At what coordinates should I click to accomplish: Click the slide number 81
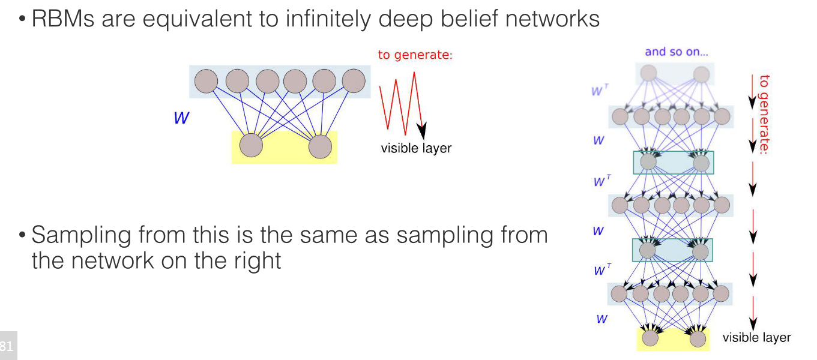click(7, 346)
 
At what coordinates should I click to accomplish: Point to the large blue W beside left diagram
click(181, 118)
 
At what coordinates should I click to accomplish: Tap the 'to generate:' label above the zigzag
click(415, 55)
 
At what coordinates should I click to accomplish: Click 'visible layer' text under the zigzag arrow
click(416, 148)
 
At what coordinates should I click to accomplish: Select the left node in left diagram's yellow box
click(251, 146)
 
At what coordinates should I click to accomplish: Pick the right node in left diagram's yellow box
click(320, 146)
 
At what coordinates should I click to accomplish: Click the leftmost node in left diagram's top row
click(206, 81)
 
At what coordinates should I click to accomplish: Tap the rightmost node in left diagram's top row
click(354, 80)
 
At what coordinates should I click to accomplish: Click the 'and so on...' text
click(677, 52)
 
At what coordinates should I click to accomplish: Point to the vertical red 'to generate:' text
click(764, 114)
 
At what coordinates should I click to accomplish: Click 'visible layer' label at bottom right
click(756, 338)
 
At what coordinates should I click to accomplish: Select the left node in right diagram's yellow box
click(650, 338)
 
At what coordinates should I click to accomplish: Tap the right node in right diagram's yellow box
click(698, 339)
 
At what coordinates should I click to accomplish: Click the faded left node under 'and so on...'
click(648, 73)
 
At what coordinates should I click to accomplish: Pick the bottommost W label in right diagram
click(601, 319)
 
